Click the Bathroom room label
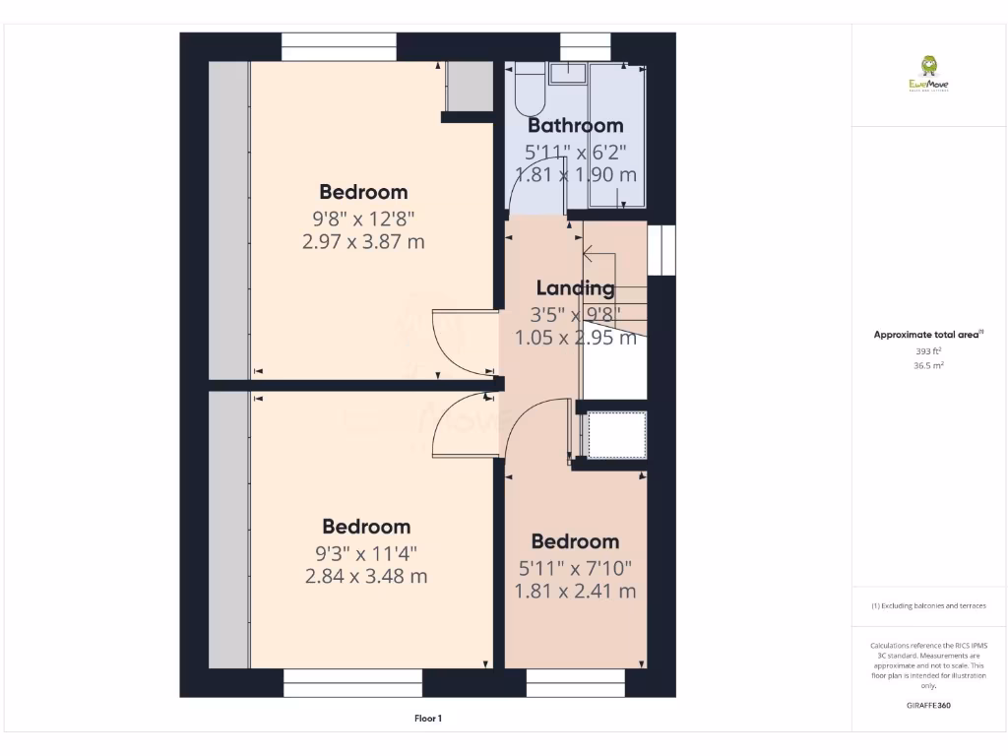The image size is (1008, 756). [x=576, y=125]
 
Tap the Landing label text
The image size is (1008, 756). [x=575, y=287]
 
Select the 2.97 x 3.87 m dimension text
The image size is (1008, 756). [x=363, y=241]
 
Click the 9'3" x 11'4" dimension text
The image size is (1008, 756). [x=366, y=552]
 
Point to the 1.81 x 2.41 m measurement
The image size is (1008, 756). [x=575, y=591]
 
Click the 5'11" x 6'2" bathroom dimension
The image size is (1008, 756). [x=575, y=152]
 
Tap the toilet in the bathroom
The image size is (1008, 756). [x=524, y=90]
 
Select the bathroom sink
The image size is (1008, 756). [x=568, y=74]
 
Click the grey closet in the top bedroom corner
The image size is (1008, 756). [x=468, y=87]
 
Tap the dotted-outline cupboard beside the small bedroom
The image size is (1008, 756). [x=615, y=435]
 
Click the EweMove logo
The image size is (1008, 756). [x=928, y=73]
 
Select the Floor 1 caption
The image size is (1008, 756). [x=428, y=719]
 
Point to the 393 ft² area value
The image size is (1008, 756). [x=928, y=350]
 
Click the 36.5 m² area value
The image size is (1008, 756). [x=928, y=365]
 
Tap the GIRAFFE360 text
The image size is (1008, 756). [x=928, y=706]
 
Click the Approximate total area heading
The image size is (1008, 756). [x=927, y=335]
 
